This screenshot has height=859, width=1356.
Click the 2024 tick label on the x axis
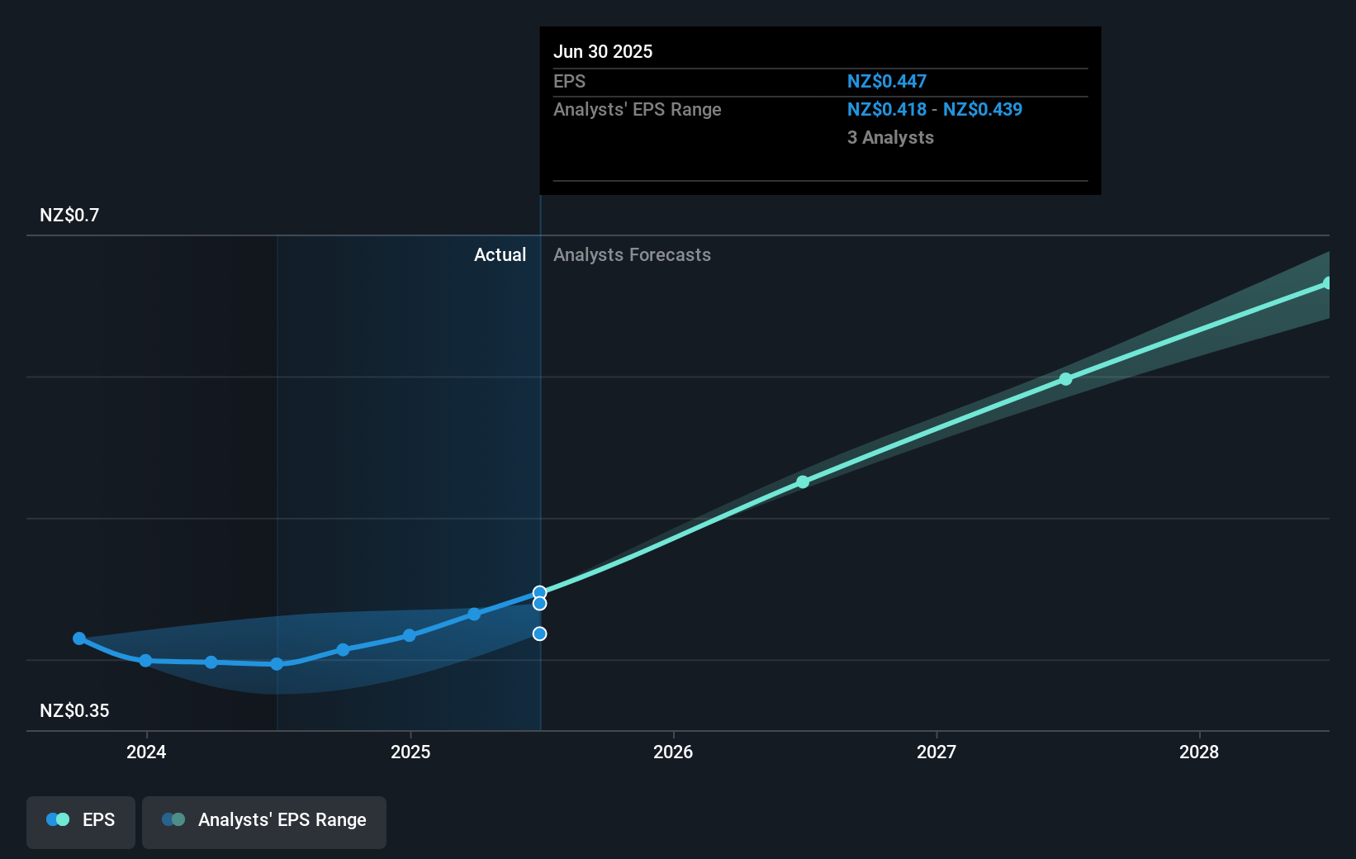tap(146, 752)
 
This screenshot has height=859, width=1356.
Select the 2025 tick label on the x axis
tap(410, 752)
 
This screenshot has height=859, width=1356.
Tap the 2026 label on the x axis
tap(673, 752)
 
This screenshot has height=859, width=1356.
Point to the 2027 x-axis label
tap(936, 752)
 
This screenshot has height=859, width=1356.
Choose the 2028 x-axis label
tap(1199, 752)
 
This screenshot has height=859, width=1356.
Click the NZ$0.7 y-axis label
tap(69, 216)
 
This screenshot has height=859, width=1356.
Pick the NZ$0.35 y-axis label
tap(74, 710)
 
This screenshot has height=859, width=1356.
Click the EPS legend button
tap(81, 820)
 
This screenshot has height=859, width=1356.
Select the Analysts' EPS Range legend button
tap(264, 820)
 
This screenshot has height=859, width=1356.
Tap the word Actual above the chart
tap(500, 255)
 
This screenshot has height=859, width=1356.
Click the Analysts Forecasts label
tap(632, 255)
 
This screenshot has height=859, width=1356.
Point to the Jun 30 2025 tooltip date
tap(603, 52)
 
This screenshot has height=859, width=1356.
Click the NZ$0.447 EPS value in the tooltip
tap(886, 82)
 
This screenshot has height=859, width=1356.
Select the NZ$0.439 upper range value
tap(983, 110)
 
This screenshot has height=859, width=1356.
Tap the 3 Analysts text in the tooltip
tap(890, 138)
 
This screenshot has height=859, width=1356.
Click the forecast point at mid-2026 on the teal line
tap(803, 482)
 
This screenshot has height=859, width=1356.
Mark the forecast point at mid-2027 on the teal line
tap(1065, 379)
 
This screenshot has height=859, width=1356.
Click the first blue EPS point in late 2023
tap(79, 638)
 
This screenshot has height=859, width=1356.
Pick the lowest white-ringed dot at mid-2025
tap(539, 634)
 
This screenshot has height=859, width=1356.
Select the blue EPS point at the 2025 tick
tap(409, 635)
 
